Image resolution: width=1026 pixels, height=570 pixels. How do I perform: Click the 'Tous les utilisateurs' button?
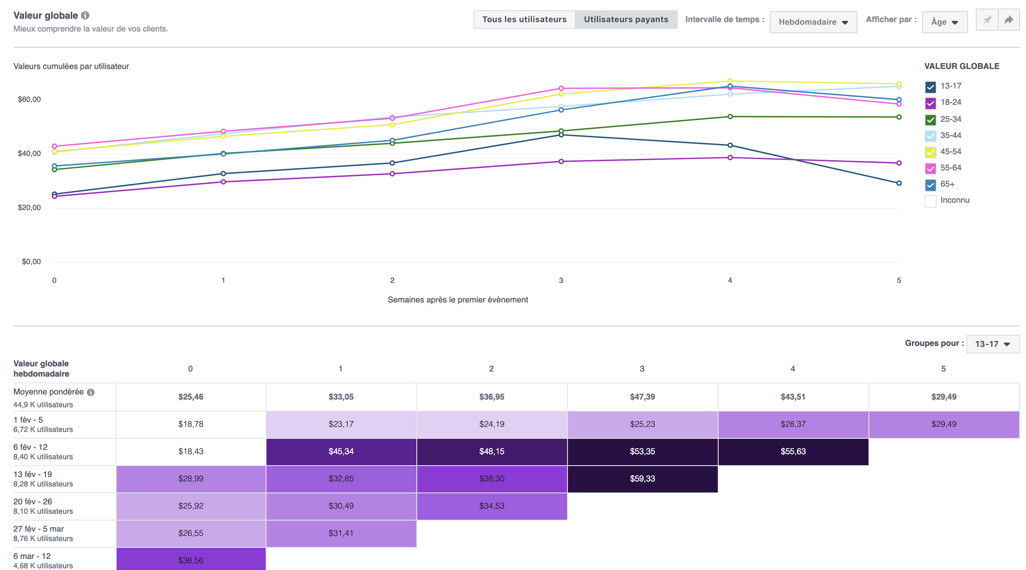(524, 20)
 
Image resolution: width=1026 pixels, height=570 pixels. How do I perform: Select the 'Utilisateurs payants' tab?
(626, 20)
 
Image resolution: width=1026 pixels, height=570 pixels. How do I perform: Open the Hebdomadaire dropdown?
(813, 22)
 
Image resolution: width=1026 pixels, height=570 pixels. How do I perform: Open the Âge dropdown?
(944, 22)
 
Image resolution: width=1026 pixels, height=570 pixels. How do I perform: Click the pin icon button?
(987, 20)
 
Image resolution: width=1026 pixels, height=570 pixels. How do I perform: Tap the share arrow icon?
(1009, 20)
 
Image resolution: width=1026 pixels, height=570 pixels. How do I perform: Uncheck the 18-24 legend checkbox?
(930, 103)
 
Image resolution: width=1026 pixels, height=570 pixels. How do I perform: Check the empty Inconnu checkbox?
(930, 201)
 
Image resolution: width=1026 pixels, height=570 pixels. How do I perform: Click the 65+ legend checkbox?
(930, 185)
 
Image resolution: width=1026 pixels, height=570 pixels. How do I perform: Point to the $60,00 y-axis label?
(29, 99)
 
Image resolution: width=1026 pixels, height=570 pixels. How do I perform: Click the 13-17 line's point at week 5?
(899, 183)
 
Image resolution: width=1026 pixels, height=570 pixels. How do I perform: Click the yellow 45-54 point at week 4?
(730, 81)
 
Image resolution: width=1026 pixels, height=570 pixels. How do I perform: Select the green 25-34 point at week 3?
(561, 131)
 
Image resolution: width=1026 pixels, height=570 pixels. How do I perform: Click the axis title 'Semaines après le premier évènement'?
(458, 299)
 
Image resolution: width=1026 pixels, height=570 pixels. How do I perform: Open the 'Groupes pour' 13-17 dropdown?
(992, 344)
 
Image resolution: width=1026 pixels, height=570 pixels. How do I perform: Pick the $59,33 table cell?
(642, 479)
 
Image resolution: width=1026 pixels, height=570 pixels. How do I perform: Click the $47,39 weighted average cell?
(642, 397)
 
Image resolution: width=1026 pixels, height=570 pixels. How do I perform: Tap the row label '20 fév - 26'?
(33, 502)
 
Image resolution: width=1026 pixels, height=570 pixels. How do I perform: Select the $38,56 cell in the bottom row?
(191, 560)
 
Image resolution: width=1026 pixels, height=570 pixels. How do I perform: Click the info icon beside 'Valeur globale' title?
(85, 15)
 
